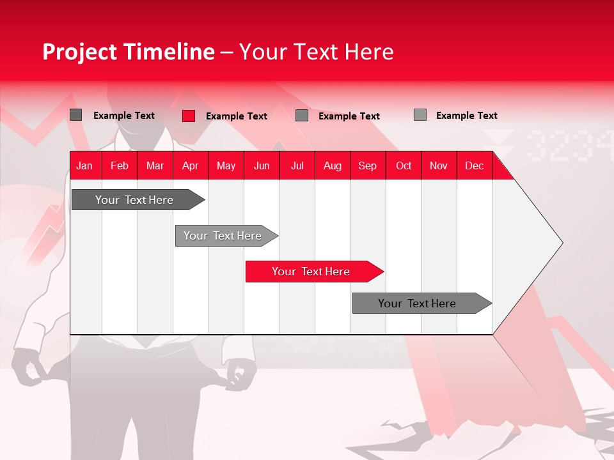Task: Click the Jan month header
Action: click(x=84, y=166)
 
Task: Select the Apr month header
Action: click(x=190, y=166)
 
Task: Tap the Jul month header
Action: click(x=297, y=166)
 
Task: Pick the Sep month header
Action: click(x=367, y=166)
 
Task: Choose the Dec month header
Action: click(x=474, y=166)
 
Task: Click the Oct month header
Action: click(x=404, y=166)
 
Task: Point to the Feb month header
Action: click(x=120, y=166)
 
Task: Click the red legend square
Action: click(x=189, y=116)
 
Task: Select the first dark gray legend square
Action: click(x=76, y=115)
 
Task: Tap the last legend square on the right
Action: click(x=420, y=115)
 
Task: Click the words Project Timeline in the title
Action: click(x=128, y=52)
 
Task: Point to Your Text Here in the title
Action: click(x=316, y=52)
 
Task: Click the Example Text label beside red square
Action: click(x=237, y=116)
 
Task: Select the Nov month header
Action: click(x=439, y=166)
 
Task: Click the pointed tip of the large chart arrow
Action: click(x=561, y=243)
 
